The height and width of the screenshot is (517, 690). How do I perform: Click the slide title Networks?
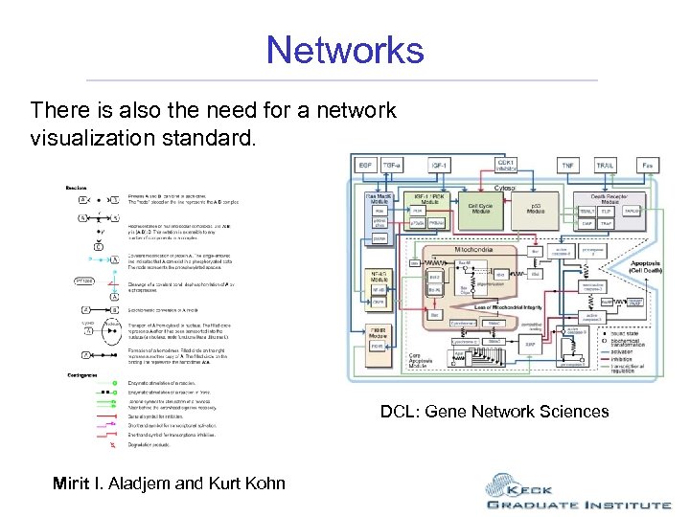pyautogui.click(x=345, y=49)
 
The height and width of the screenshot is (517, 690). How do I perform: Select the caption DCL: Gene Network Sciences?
pyautogui.click(x=494, y=412)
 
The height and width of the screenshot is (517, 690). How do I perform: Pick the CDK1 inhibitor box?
pyautogui.click(x=504, y=164)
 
